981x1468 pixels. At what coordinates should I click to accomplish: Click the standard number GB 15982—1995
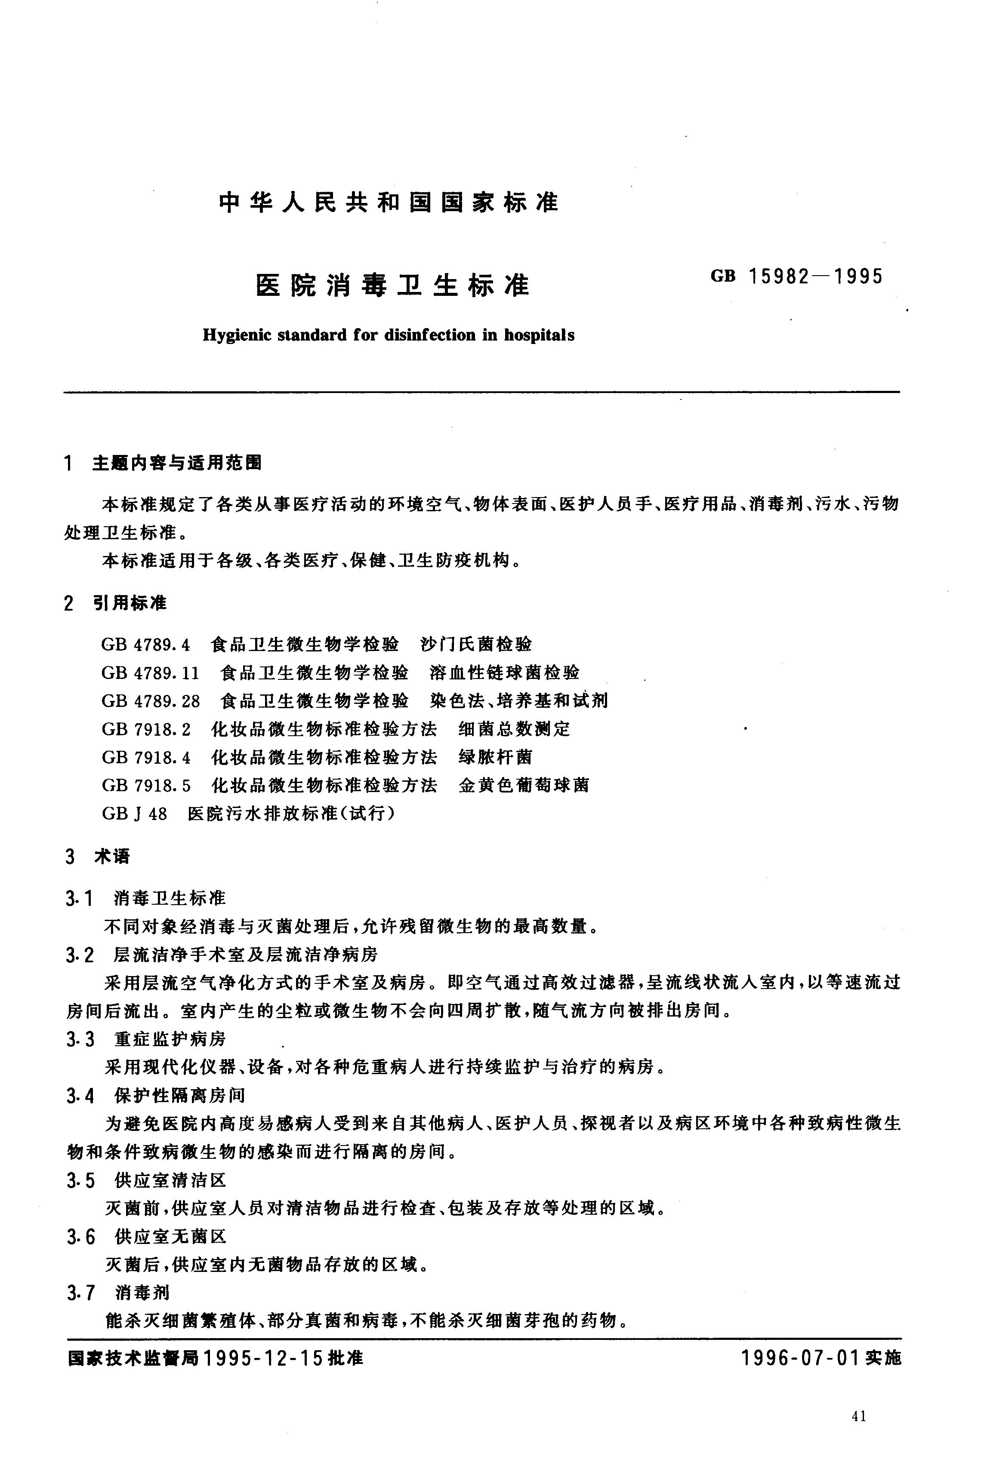(796, 276)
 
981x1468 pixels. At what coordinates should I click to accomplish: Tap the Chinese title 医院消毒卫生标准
(393, 286)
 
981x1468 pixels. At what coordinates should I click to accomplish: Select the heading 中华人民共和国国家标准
(389, 203)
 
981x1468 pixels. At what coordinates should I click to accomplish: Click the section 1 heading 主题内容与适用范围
(177, 463)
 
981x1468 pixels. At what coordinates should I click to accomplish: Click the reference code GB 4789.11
(150, 673)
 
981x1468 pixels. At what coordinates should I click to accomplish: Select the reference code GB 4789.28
(151, 701)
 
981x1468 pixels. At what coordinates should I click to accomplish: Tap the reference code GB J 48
(134, 814)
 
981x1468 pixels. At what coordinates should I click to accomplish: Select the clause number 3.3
(80, 1040)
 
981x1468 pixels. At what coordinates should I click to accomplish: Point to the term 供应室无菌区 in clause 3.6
(171, 1236)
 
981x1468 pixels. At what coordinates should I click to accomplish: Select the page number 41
(859, 1417)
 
